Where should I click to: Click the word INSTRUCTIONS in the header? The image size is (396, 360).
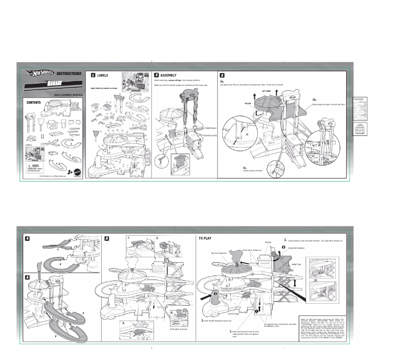point(69,74)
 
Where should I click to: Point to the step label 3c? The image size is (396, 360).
point(245,168)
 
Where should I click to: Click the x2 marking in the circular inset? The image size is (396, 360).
point(246,134)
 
